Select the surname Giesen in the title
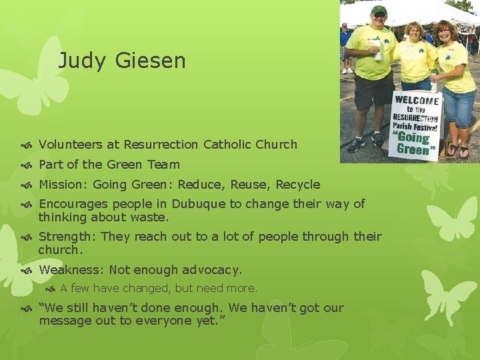pos(150,61)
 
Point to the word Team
pos(164,164)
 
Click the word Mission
pos(61,184)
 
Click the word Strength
pos(66,237)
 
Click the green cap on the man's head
pos(379,10)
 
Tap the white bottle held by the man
pos(378,50)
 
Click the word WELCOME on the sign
pos(417,101)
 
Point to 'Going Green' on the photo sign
pos(414,143)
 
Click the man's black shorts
pos(373,90)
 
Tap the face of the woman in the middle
pos(413,33)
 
